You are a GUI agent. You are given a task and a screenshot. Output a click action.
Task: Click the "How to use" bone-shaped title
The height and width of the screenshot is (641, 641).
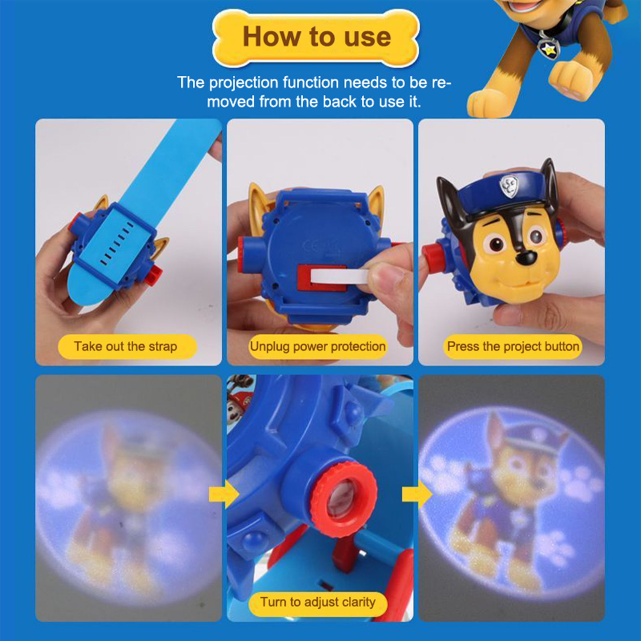coord(316,37)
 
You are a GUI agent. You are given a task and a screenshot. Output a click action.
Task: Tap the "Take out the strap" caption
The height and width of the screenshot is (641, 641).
coord(126,347)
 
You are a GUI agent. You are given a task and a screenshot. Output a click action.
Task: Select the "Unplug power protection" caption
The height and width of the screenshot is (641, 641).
coord(318,347)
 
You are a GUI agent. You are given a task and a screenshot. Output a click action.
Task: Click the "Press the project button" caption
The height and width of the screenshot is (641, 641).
coord(513,347)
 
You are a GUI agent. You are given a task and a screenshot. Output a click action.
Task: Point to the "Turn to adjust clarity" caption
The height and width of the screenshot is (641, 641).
coord(318,602)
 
